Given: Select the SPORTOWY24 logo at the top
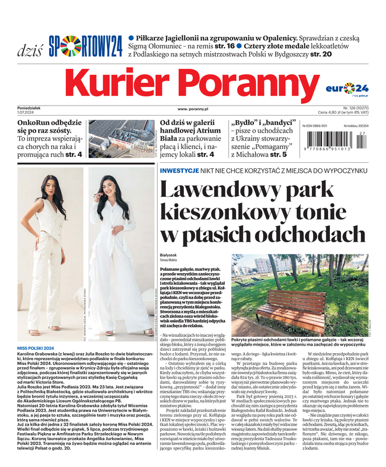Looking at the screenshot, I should coord(85,46).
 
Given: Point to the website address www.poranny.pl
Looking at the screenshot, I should coord(193,109).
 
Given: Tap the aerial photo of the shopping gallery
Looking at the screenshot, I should coord(121,139).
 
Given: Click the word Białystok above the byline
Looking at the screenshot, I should coord(169,255).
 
